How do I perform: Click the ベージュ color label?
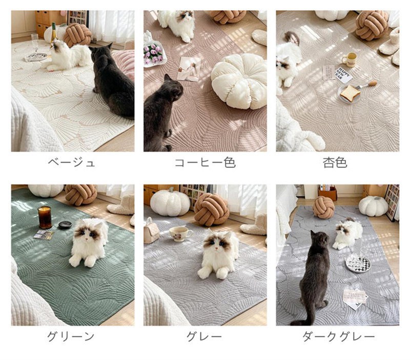click(x=71, y=163)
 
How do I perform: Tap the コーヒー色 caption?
click(x=206, y=163)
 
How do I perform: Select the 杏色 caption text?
click(x=335, y=163)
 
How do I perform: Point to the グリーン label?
click(x=71, y=336)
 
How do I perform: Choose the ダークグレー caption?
click(x=339, y=336)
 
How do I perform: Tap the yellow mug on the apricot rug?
click(x=350, y=59)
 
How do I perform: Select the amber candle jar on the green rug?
click(x=45, y=217)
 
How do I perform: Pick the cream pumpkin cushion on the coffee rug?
click(x=239, y=81)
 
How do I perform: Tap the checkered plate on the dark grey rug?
click(x=358, y=264)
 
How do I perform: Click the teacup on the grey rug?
click(x=180, y=233)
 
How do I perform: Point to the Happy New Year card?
click(x=343, y=75)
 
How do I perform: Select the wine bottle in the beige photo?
click(x=54, y=33)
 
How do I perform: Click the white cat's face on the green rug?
click(x=88, y=233)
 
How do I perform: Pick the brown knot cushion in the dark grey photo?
click(x=324, y=208)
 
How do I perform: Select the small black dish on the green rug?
click(x=65, y=225)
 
